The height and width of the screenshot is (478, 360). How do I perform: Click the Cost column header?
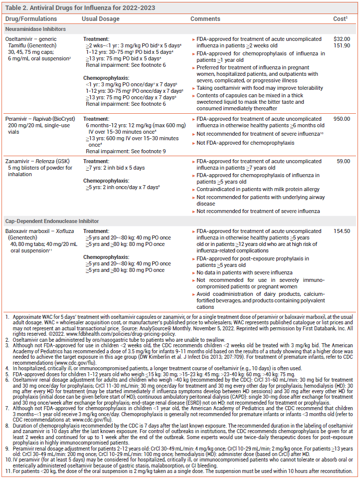[x=341, y=19]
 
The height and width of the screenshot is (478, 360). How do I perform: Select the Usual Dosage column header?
[x=101, y=19]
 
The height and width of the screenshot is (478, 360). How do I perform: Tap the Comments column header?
[x=205, y=19]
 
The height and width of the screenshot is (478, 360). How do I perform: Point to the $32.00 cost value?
[x=342, y=39]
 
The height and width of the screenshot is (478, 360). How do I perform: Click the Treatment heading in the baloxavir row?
[x=96, y=232]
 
